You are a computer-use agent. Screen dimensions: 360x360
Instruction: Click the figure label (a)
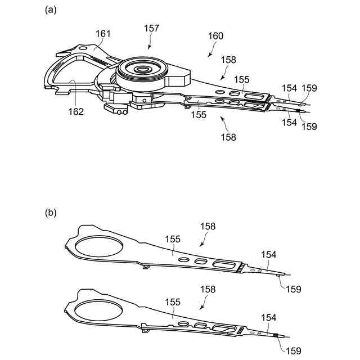[51, 10]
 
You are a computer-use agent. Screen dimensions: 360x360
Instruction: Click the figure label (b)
[51, 213]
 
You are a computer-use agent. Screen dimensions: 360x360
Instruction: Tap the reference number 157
[151, 28]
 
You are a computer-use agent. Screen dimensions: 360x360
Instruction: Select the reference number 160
[215, 35]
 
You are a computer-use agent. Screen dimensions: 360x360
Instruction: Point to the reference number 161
[103, 34]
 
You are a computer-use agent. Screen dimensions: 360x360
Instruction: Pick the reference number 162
[75, 111]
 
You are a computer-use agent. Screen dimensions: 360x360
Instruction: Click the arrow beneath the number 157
[149, 43]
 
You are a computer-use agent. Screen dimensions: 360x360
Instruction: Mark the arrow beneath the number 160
[211, 52]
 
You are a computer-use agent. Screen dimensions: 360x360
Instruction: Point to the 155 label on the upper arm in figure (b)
[173, 239]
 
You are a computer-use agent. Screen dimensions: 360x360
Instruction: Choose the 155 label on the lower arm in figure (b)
[173, 302]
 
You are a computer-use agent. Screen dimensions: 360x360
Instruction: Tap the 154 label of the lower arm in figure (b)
[268, 318]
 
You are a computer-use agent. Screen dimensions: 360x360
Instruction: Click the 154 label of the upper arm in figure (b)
[268, 254]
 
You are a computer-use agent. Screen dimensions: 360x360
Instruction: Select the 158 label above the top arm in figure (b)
[209, 226]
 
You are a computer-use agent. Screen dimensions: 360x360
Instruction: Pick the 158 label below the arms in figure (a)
[228, 137]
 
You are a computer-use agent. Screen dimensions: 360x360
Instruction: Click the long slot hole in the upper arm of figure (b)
[225, 264]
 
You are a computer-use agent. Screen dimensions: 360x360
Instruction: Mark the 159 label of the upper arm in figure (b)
[293, 289]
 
